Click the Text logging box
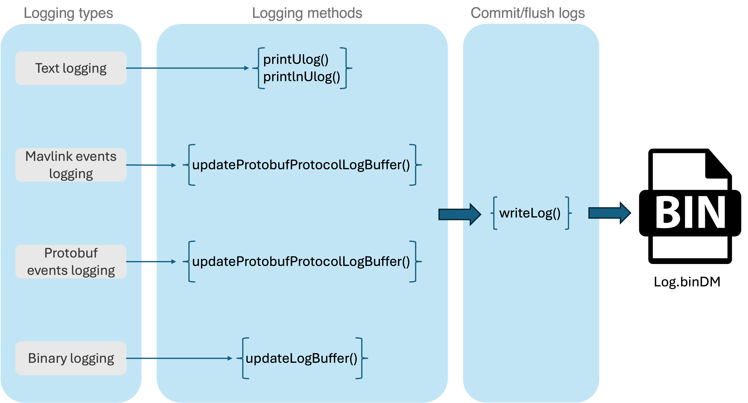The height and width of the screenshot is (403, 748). coord(71,68)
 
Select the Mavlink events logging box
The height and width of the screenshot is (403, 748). coord(71,165)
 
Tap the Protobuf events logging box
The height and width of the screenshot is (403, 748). coord(71,262)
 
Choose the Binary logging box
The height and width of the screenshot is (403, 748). coord(71,358)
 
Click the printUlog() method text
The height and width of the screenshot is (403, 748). coord(296,60)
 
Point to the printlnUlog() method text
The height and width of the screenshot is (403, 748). coord(301,77)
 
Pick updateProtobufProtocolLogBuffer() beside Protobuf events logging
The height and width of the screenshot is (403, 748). coord(301,262)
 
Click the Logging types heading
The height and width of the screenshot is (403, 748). coord(68,13)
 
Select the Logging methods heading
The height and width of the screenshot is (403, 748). coord(307,13)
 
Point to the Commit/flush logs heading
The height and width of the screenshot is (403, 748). coord(528,13)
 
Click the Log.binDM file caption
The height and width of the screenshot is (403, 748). coord(687,282)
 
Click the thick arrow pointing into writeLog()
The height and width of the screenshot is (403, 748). coord(460,214)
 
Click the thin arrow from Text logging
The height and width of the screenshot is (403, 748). coord(188,68)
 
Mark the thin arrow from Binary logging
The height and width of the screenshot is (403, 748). coord(179,358)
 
